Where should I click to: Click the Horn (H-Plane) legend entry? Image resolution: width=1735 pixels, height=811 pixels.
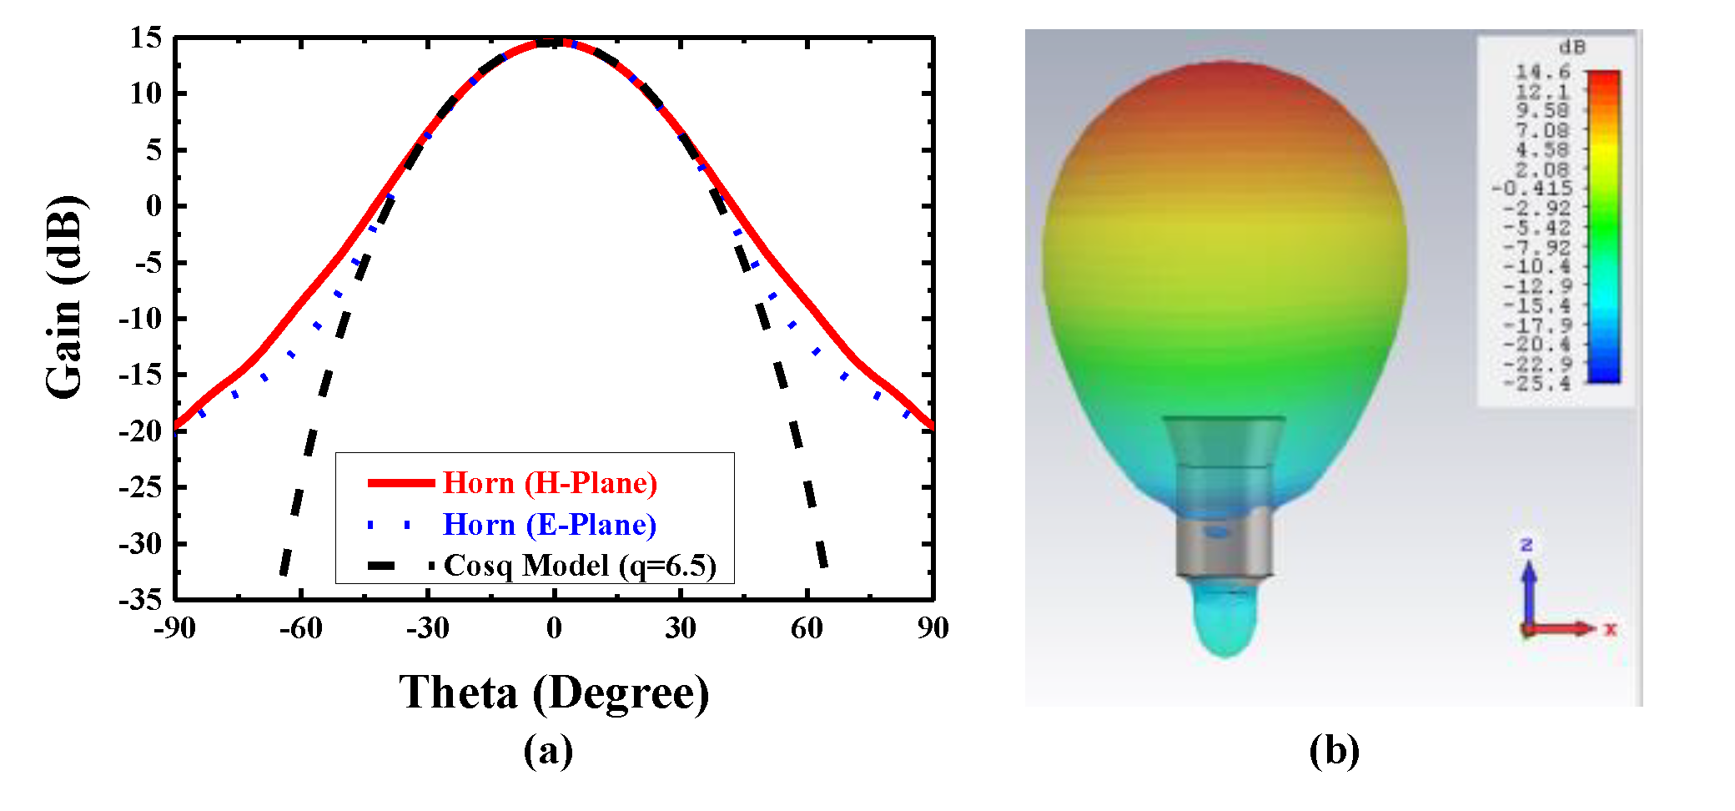click(550, 483)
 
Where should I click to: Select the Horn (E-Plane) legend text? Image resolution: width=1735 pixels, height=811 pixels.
click(550, 525)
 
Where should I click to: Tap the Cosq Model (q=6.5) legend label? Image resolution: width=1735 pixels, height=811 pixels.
click(580, 566)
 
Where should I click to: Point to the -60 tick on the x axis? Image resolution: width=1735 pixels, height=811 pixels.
click(301, 628)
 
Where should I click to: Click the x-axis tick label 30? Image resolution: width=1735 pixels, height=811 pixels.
click(680, 628)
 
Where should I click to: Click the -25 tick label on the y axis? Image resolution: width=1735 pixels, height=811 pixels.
click(140, 487)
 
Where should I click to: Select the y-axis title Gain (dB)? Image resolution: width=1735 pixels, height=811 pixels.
click(65, 298)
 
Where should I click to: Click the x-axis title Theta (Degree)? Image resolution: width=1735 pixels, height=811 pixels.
click(554, 693)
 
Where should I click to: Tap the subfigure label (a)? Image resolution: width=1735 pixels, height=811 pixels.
click(548, 750)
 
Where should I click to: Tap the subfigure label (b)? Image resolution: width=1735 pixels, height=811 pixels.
click(1334, 750)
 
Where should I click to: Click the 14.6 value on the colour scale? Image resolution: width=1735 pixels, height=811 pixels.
click(1543, 73)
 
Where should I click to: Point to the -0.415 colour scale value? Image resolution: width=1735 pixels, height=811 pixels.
click(1532, 189)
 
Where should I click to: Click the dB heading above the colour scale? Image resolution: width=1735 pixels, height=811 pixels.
click(1572, 48)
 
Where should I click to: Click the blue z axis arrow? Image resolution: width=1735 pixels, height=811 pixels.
click(1529, 588)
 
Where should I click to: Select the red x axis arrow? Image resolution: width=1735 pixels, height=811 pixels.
click(1564, 628)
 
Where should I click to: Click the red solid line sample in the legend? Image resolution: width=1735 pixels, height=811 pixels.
click(401, 483)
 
